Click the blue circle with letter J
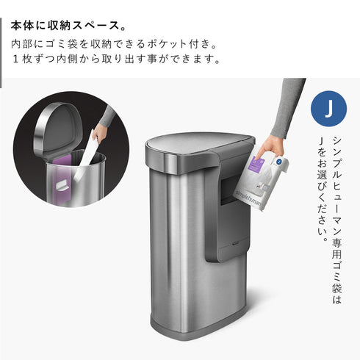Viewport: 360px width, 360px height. [x=330, y=108]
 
